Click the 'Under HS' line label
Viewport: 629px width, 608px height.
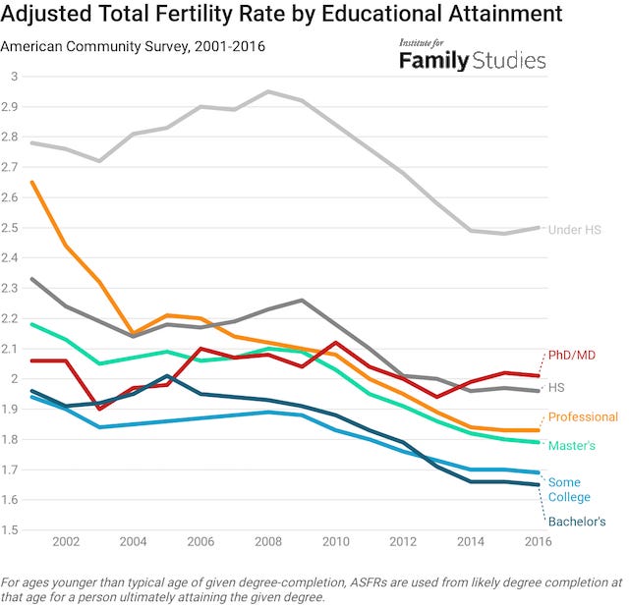pyautogui.click(x=573, y=229)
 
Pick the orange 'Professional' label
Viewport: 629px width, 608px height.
pyautogui.click(x=583, y=416)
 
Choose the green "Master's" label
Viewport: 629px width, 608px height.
pyautogui.click(x=571, y=446)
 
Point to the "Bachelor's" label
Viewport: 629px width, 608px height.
pyautogui.click(x=576, y=522)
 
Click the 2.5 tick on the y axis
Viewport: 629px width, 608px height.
pyautogui.click(x=12, y=228)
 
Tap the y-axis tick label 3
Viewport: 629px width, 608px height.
pyautogui.click(x=14, y=77)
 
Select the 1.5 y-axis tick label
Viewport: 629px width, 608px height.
pyautogui.click(x=12, y=530)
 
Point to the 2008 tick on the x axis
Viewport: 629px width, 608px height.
pyautogui.click(x=268, y=541)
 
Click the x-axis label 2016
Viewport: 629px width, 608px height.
pyautogui.click(x=537, y=541)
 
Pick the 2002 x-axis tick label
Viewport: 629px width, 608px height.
pyautogui.click(x=67, y=541)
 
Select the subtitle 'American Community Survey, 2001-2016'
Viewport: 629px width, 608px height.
pyautogui.click(x=133, y=46)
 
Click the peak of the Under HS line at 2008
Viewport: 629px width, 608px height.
pyautogui.click(x=268, y=91)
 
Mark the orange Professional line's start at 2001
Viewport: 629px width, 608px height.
pyautogui.click(x=32, y=182)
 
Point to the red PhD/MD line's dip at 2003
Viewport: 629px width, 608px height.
pyautogui.click(x=99, y=409)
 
